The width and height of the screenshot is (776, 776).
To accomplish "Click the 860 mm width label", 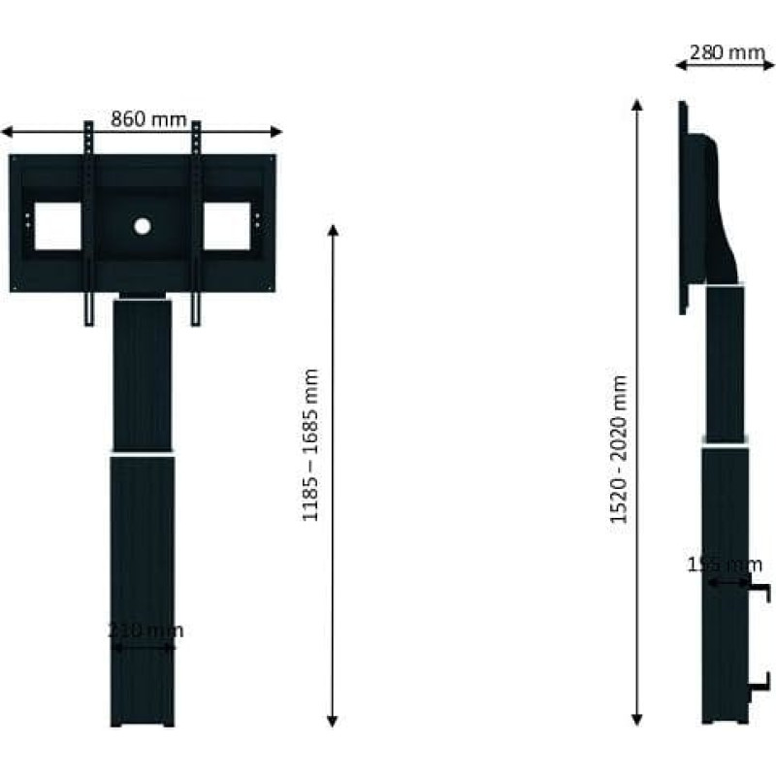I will point(148,119).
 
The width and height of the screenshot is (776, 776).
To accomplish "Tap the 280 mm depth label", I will point(727,52).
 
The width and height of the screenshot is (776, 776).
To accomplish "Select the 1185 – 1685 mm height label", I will point(311,445).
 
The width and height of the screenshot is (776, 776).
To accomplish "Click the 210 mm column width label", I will point(145,631).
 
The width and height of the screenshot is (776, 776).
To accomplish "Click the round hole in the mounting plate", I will point(143,226).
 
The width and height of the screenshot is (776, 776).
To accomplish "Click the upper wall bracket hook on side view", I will point(762,592).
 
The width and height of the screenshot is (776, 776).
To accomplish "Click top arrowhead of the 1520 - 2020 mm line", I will point(637,104).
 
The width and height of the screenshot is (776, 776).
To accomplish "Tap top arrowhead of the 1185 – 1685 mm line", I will point(333,232).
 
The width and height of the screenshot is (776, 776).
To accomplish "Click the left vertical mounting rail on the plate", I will point(89,223).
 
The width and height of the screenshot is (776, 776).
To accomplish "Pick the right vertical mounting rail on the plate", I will point(197,223).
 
